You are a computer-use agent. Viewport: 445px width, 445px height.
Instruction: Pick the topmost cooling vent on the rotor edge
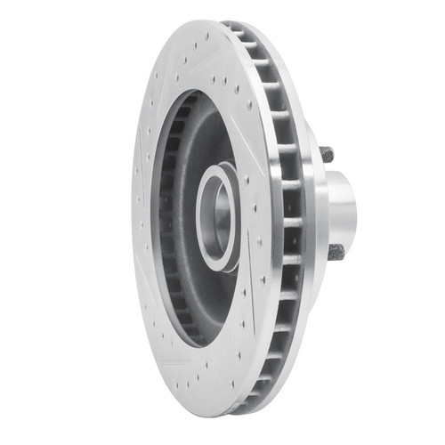tap(233, 29)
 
